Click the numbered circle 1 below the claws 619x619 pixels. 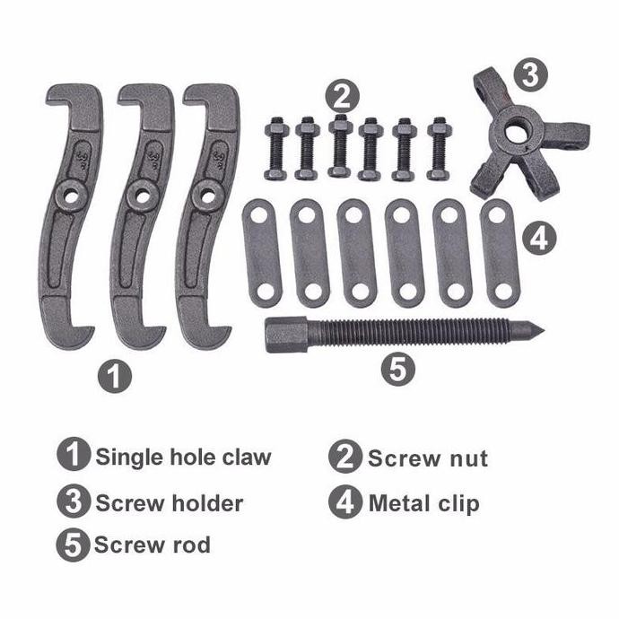[x=114, y=375]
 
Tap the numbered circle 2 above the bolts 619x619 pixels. [x=342, y=93]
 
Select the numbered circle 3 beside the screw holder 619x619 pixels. [x=530, y=75]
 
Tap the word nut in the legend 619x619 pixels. [x=466, y=459]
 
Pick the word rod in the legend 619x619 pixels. [x=189, y=544]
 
